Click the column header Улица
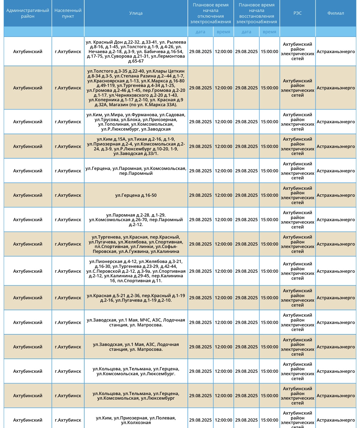point(136,13)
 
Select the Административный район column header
point(28,13)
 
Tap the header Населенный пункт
point(68,13)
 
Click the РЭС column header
point(297,13)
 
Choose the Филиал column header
point(336,13)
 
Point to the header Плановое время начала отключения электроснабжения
point(210,13)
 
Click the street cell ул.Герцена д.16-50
point(136,195)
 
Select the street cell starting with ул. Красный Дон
point(136,52)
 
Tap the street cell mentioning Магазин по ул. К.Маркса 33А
point(136,88)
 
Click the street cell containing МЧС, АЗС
point(136,322)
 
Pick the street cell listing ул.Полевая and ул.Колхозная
point(136,420)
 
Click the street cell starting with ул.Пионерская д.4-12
point(136,271)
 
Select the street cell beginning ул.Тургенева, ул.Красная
point(136,244)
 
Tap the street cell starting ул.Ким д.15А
point(136,146)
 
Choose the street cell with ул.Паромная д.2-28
point(136,220)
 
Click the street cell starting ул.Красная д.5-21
point(136,298)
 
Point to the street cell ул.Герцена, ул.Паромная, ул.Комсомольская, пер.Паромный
point(136,171)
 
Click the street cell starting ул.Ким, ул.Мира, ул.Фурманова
point(136,122)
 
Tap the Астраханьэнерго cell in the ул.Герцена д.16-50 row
point(336,195)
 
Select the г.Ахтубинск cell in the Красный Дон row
point(68,52)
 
